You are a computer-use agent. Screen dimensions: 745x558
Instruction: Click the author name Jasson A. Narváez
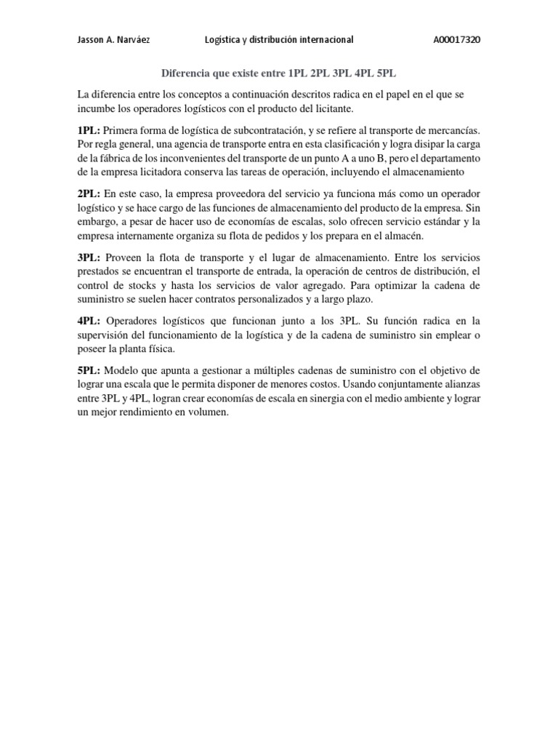(x=114, y=40)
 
